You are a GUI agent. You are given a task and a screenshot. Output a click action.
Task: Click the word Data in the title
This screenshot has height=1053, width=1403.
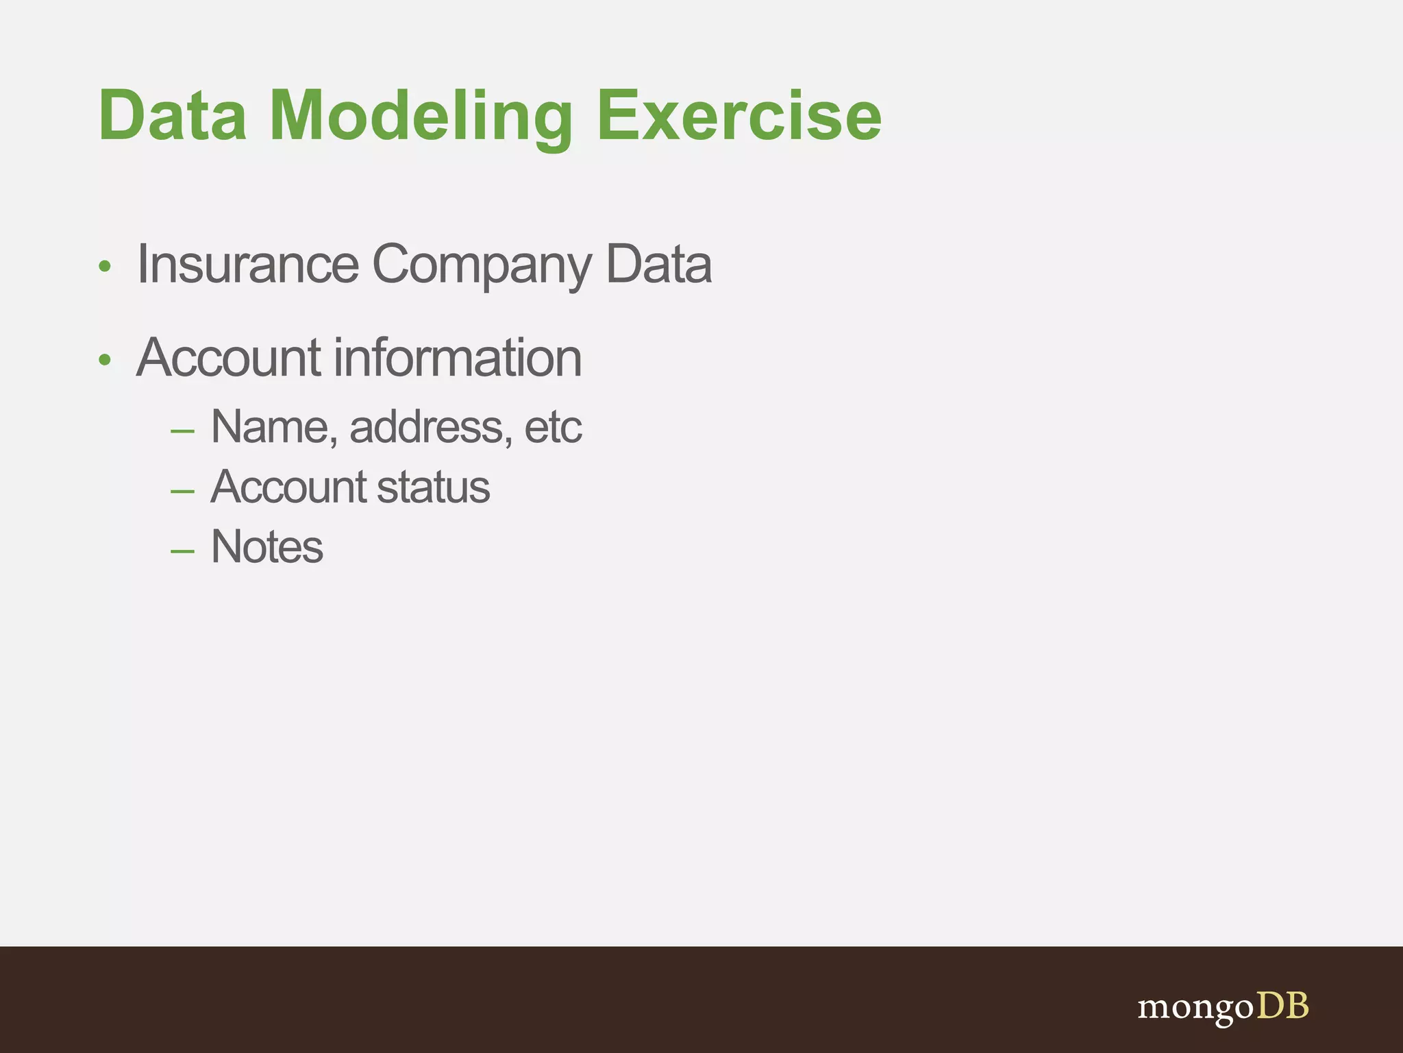[x=172, y=116]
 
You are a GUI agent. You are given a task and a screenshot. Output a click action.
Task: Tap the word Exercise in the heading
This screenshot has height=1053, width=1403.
[x=738, y=116]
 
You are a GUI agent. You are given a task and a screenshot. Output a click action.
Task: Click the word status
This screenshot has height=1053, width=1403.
[x=433, y=487]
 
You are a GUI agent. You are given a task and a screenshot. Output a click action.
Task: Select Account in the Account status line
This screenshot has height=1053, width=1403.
[x=288, y=487]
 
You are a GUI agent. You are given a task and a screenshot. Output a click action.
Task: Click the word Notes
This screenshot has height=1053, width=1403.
[x=266, y=547]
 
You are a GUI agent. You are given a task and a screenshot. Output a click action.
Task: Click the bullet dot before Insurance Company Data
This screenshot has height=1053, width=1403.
[x=104, y=267]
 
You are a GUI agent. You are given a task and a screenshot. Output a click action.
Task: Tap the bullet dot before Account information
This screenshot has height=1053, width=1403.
[x=104, y=360]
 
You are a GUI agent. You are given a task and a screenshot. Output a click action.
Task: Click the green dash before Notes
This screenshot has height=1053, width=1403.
[x=182, y=551]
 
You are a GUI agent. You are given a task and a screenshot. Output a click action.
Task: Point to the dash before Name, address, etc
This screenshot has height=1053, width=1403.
[x=182, y=432]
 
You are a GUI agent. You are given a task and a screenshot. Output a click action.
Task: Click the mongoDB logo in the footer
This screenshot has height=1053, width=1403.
[x=1223, y=1006]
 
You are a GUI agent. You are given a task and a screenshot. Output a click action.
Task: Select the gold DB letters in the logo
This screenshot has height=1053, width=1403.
[x=1282, y=1005]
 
